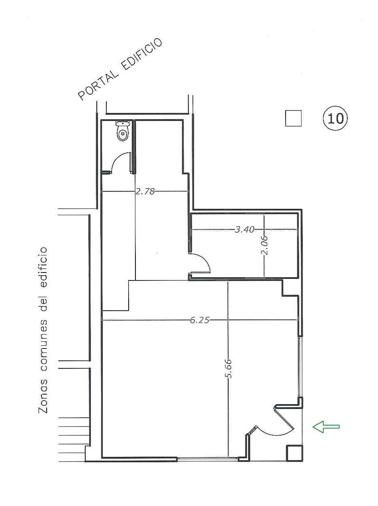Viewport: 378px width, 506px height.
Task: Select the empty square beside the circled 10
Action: click(293, 118)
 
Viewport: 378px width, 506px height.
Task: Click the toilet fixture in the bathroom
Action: click(122, 131)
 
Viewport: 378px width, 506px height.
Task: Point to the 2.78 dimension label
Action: click(145, 191)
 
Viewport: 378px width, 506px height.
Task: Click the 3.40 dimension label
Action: click(245, 230)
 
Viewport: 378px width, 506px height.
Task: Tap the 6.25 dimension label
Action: click(200, 320)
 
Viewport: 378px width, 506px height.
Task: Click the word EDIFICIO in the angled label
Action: click(143, 53)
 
